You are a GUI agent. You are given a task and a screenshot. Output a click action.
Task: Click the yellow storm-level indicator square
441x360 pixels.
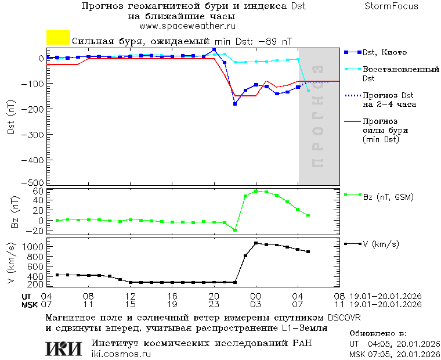[x=58, y=38]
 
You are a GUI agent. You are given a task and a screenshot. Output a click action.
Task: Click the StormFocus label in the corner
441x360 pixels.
[x=391, y=6]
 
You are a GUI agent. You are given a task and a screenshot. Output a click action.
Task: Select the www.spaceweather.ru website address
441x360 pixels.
[x=187, y=26]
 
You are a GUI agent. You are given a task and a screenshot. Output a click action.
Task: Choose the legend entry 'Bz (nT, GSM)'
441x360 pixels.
[x=388, y=197]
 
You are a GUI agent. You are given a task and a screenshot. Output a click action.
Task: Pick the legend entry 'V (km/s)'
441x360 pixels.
[x=381, y=244]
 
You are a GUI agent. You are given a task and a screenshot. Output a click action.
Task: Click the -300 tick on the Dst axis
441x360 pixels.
[x=35, y=134]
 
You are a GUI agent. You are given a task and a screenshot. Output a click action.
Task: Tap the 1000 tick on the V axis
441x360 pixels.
[x=34, y=247]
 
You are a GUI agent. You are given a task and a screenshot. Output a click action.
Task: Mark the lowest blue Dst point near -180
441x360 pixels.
[x=235, y=104]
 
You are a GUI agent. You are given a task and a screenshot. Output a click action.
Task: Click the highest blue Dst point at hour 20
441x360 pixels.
[x=214, y=50]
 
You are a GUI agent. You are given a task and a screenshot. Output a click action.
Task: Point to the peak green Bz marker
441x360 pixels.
[x=256, y=191]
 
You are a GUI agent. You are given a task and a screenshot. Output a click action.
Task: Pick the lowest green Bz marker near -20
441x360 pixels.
[x=235, y=230]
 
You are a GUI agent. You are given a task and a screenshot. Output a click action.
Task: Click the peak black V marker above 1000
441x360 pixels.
[x=256, y=243]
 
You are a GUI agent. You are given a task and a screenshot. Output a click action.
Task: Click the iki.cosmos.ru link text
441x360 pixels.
[x=121, y=354]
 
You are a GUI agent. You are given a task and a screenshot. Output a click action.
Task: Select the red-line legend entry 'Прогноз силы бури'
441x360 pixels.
[x=384, y=130]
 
